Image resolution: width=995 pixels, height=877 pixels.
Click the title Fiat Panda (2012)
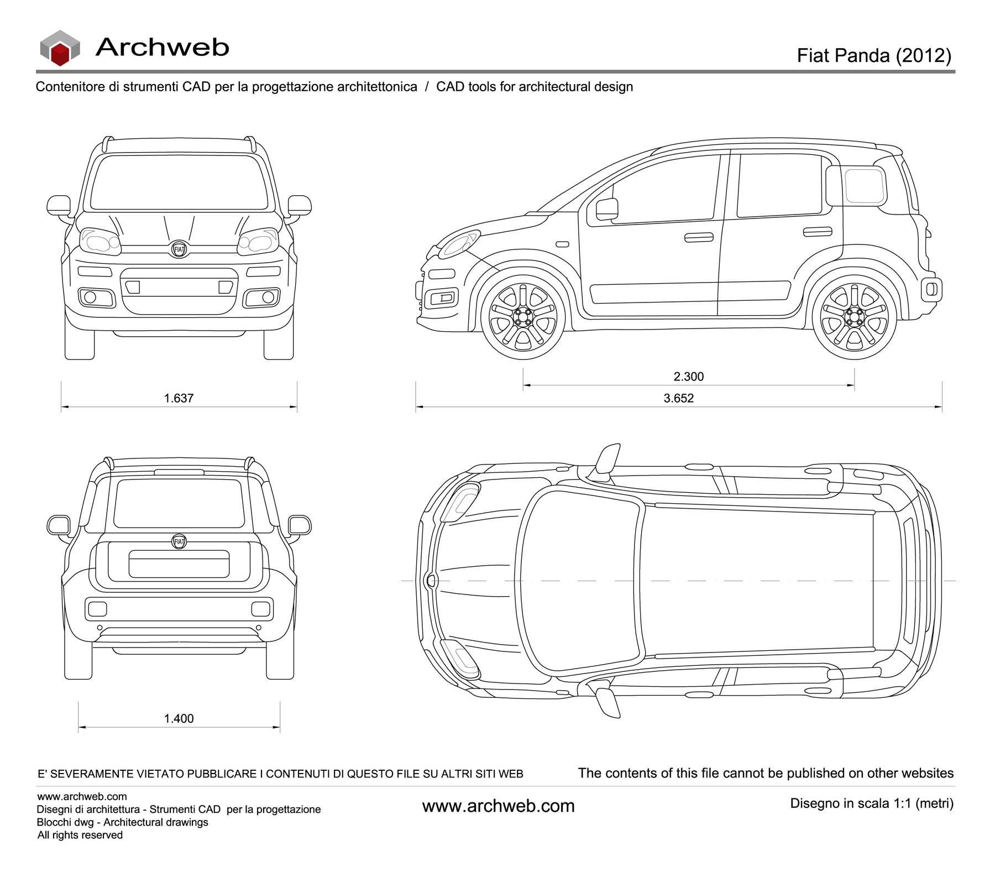873,55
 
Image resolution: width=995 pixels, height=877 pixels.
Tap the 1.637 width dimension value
179,398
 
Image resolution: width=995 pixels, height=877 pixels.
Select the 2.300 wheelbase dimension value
688,377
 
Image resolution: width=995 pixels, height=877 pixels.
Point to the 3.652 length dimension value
678,398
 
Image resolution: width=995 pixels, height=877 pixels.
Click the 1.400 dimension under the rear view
179,718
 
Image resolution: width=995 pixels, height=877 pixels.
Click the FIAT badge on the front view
179,249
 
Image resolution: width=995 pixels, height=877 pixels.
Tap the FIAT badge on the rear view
179,541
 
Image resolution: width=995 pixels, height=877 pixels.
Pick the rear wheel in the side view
854,318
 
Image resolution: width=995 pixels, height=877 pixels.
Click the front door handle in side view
699,238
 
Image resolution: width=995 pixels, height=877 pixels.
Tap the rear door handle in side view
817,231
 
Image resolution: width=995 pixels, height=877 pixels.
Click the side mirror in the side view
607,208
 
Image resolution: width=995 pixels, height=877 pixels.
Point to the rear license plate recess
179,564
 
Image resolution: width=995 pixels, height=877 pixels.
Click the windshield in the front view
179,182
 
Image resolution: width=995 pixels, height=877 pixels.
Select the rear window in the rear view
179,503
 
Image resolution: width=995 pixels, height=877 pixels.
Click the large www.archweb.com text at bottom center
498,806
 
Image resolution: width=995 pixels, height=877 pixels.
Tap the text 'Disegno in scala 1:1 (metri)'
872,803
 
